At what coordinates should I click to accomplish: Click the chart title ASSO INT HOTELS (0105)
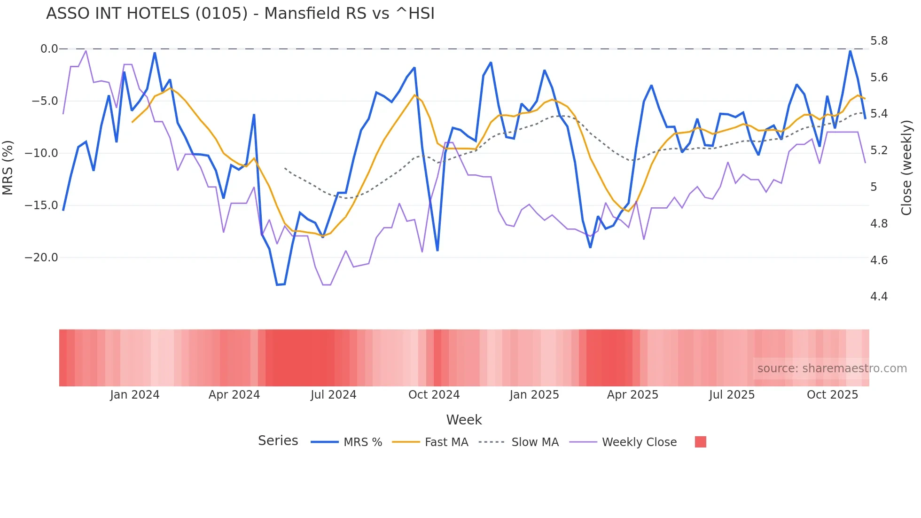240,14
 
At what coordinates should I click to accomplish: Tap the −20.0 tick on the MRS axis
41,258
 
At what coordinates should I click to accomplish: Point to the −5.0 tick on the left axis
45,101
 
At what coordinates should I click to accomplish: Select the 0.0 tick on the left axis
49,49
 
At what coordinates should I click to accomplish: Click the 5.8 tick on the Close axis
879,41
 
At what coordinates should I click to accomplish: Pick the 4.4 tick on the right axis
879,297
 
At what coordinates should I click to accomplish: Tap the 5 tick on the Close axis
873,187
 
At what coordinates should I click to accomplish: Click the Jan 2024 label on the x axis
135,395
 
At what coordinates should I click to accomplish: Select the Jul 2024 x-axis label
333,395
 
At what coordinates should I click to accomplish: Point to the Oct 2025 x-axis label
832,395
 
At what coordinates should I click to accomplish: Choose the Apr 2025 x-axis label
632,395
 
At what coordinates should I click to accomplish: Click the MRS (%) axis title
8,167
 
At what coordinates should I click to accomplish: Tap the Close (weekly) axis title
906,167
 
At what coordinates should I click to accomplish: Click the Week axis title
464,420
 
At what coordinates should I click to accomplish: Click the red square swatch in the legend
700,442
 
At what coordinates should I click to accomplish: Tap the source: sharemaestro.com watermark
832,369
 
